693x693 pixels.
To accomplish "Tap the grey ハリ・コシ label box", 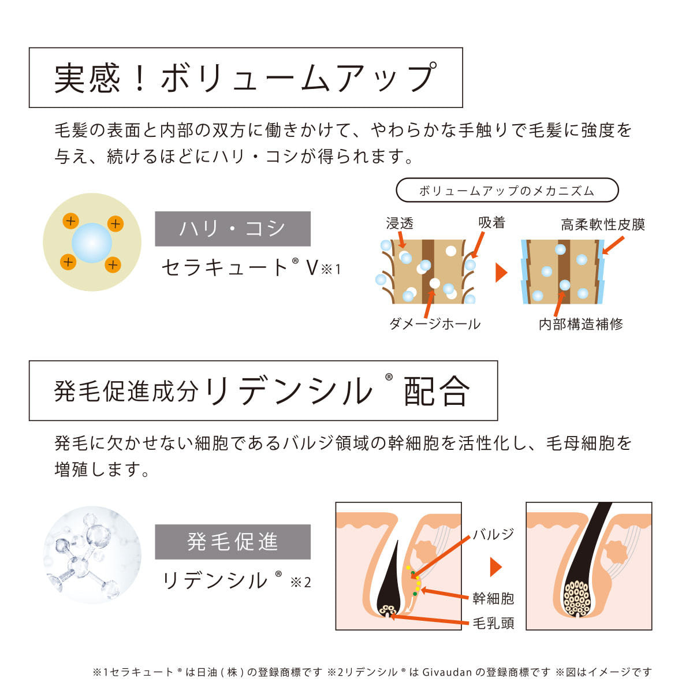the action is pyautogui.click(x=233, y=229).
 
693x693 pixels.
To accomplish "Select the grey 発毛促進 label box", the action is pyautogui.click(x=233, y=542).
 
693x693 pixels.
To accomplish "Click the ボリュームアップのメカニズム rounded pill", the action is pyautogui.click(x=507, y=190).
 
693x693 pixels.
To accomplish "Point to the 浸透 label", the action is pyautogui.click(x=400, y=223).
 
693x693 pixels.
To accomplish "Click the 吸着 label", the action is pyautogui.click(x=491, y=222).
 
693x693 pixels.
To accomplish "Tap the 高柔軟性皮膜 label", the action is pyautogui.click(x=603, y=225).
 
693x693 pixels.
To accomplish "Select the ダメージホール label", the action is pyautogui.click(x=435, y=324).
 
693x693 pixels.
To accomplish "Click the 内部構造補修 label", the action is pyautogui.click(x=580, y=324).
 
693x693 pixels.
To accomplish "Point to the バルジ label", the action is pyautogui.click(x=493, y=534).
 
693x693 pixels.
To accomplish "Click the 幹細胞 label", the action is pyautogui.click(x=493, y=598).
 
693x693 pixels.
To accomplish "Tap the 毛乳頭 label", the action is pyautogui.click(x=493, y=623).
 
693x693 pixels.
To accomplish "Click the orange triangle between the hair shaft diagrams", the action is pyautogui.click(x=501, y=272).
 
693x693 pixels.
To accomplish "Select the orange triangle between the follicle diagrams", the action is pyautogui.click(x=495, y=567).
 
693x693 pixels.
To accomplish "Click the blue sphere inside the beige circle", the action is pyautogui.click(x=92, y=243).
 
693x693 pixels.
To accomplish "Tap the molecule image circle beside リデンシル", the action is pyautogui.click(x=92, y=555).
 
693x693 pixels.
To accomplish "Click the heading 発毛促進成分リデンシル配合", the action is pyautogui.click(x=262, y=391).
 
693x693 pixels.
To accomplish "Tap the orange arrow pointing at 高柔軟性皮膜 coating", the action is pyautogui.click(x=613, y=245).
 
